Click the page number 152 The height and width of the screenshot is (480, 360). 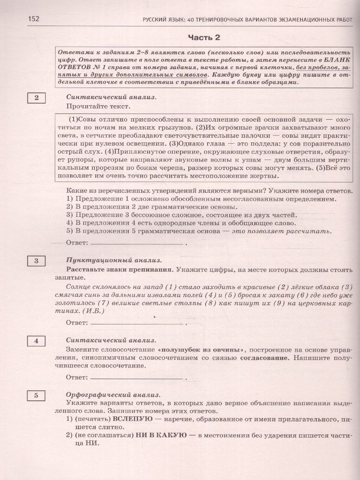34,19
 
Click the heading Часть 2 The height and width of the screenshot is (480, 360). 204,38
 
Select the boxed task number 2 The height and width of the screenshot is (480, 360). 36,98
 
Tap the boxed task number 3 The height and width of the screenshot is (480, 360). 36,261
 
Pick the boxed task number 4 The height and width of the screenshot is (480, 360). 36,341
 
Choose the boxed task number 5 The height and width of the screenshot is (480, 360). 36,396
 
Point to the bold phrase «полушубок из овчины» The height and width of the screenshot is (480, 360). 199,349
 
